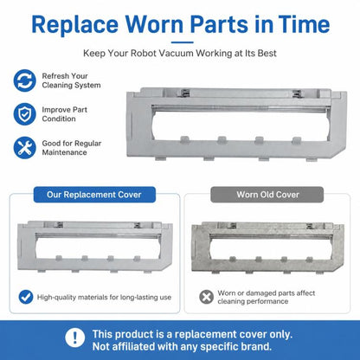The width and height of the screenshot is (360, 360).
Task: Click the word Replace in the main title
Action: tap(74, 25)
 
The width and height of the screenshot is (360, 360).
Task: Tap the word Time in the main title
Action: tap(304, 24)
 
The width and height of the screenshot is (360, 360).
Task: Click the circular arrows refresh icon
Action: tap(25, 80)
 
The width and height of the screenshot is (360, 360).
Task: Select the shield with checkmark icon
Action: tap(25, 114)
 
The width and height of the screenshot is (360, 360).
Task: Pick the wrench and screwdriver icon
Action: tap(25, 148)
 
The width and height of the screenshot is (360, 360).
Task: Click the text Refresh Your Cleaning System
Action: tap(71, 80)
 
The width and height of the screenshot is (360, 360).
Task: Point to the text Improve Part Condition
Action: tap(65, 114)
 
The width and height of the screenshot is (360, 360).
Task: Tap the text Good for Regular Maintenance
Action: tap(72, 148)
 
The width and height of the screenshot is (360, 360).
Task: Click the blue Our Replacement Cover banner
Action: tap(94, 195)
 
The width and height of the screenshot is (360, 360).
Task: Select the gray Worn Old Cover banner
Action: tap(267, 195)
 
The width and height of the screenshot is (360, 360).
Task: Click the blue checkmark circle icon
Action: tap(26, 297)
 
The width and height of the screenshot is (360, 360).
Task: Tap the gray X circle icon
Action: tap(207, 297)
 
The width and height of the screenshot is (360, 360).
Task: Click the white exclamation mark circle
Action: tap(75, 337)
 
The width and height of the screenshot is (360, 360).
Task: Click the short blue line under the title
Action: tap(182, 42)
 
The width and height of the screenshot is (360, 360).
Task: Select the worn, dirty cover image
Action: tap(267, 247)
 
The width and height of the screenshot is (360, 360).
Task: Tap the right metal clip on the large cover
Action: tap(297, 93)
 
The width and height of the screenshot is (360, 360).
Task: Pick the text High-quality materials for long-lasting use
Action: tap(104, 297)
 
